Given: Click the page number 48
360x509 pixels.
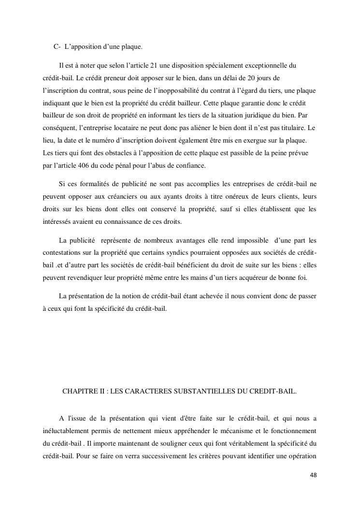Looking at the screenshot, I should pyautogui.click(x=314, y=475).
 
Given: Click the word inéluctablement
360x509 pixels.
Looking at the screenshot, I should pyautogui.click(x=63, y=430).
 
